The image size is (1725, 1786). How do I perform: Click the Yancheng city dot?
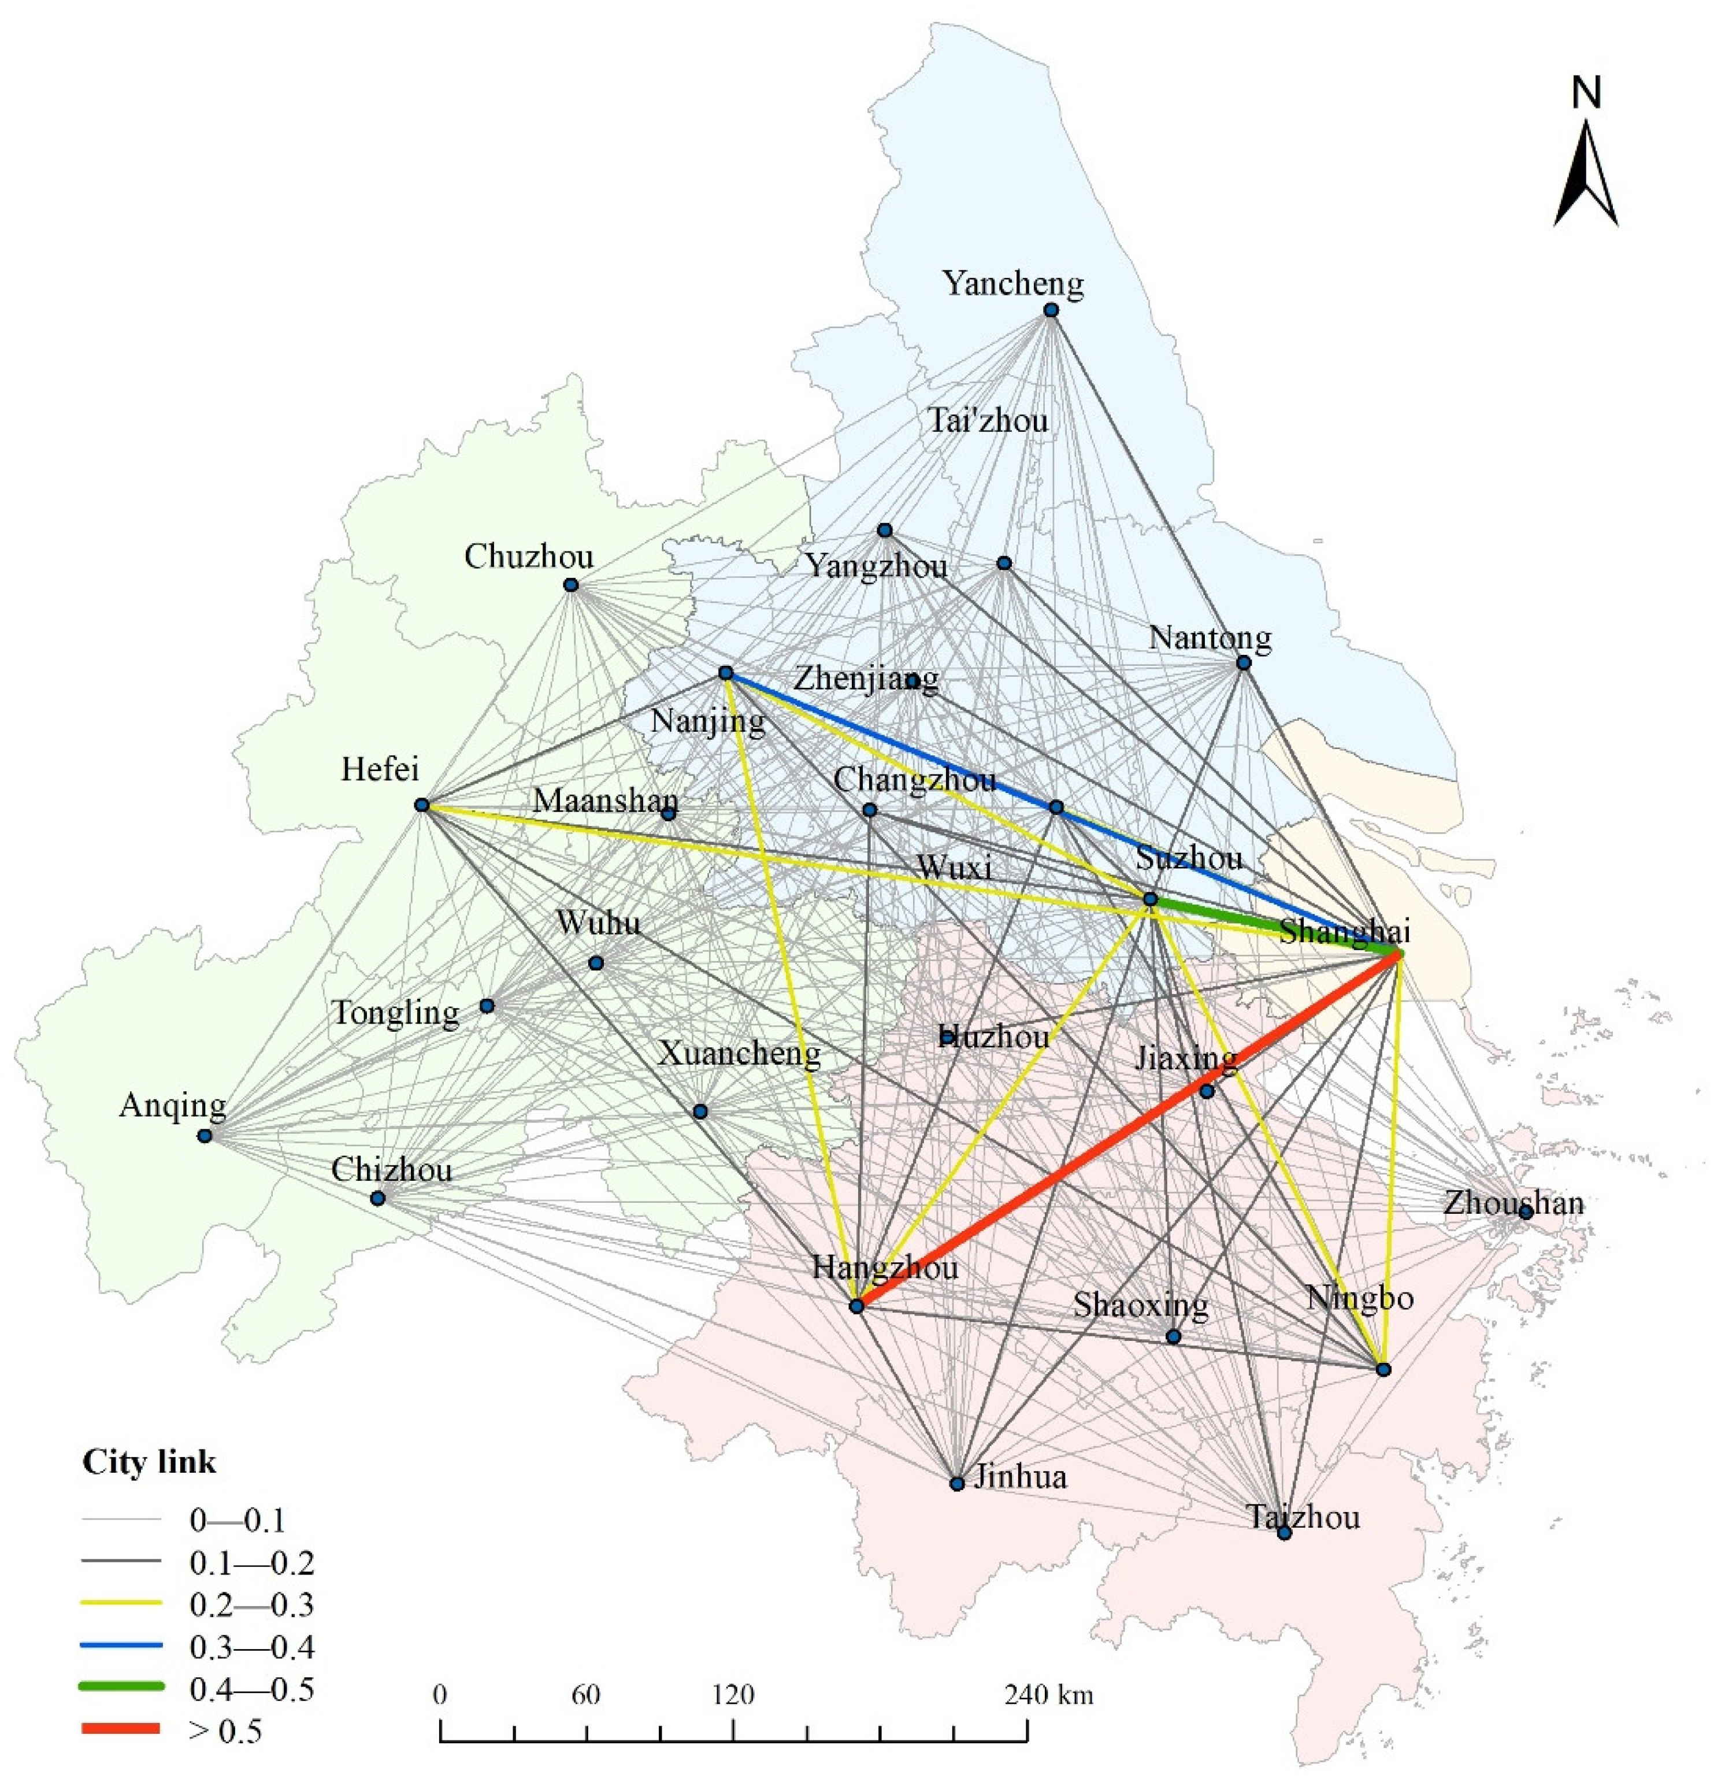coord(1050,310)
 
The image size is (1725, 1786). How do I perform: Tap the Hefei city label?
coord(380,769)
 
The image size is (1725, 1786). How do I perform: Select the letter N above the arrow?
coord(1586,93)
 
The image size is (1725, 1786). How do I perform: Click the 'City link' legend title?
coord(150,1462)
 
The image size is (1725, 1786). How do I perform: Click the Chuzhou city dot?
coord(570,585)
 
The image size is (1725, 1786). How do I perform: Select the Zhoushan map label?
coord(1513,1203)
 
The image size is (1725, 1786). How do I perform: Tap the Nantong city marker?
coord(1243,662)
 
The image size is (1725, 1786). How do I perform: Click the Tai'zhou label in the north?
coord(988,421)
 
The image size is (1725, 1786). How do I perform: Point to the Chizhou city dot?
coord(377,1198)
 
